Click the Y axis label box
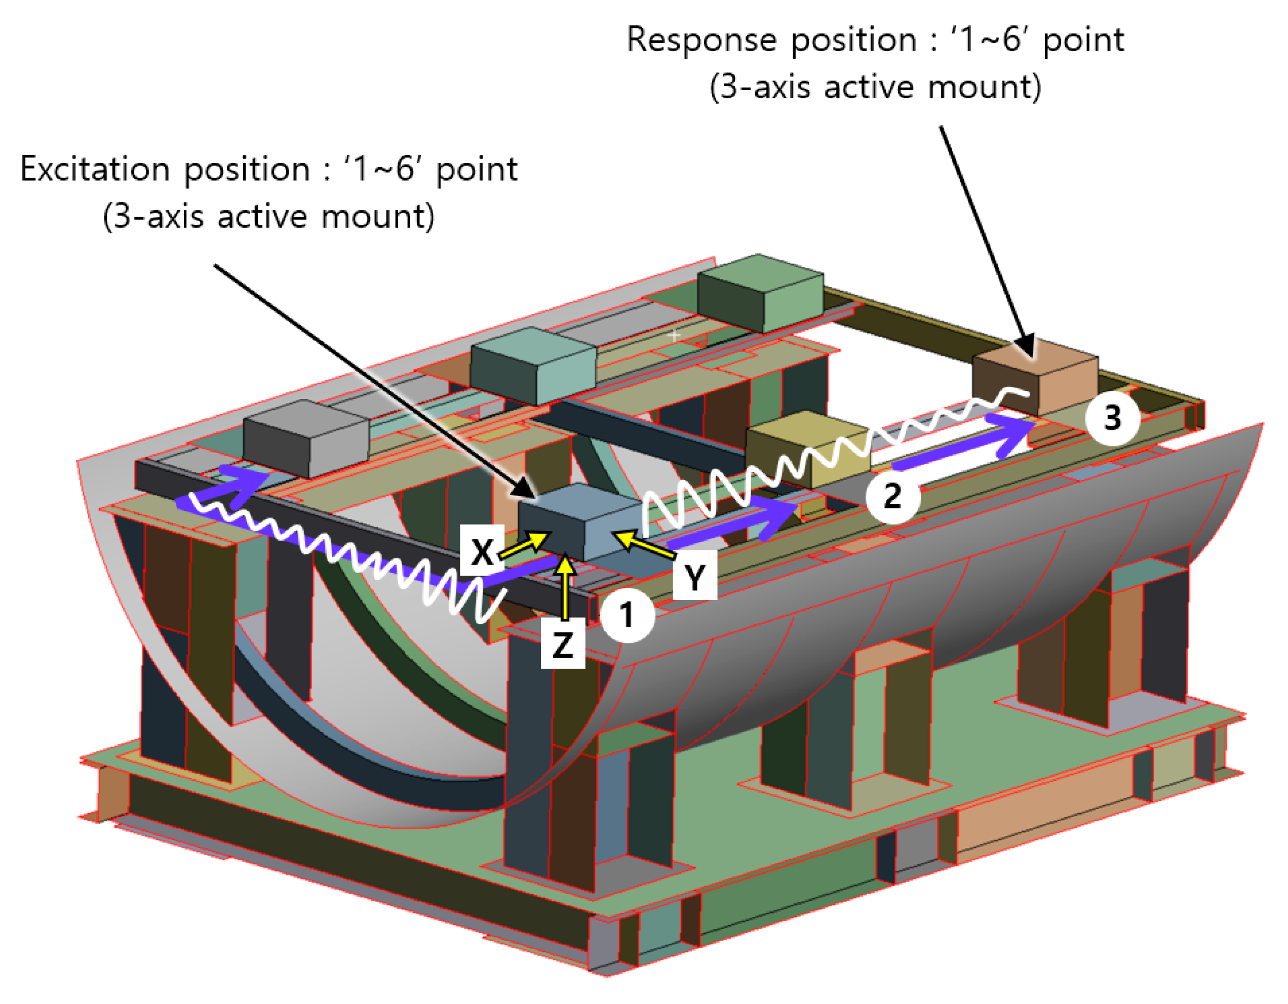695,575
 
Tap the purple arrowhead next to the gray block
245,480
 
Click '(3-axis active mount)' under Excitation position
268,217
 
